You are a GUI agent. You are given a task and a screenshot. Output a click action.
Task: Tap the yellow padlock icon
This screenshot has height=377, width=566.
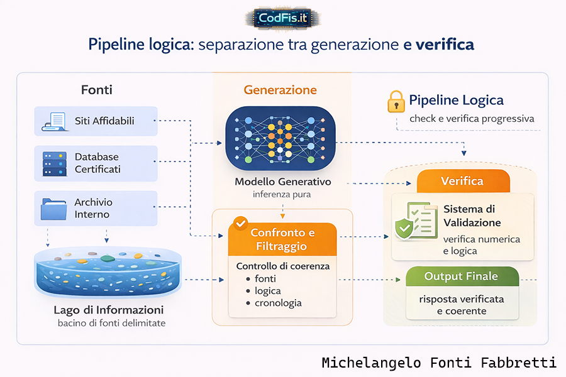pos(396,102)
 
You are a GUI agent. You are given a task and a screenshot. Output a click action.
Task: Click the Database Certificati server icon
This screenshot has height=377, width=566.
pos(53,163)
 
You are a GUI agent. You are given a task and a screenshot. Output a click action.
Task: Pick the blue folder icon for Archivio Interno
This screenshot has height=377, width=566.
pos(53,208)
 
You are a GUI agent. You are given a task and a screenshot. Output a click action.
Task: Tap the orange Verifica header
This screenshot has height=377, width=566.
pos(462,182)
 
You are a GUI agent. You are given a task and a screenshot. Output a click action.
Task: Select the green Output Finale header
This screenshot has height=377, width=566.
pos(462,276)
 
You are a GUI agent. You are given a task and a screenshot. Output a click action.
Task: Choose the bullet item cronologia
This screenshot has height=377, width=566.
pos(278,303)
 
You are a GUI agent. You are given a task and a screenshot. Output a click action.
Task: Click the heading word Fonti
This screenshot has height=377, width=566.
pos(97,90)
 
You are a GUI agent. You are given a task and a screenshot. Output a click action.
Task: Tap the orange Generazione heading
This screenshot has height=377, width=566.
pos(280,90)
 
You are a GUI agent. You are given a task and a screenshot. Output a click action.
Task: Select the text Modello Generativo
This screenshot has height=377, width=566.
pos(282,182)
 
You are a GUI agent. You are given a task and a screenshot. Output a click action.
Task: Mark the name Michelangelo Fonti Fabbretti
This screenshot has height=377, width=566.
pos(438,363)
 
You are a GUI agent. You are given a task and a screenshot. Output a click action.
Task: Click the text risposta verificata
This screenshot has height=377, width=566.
pos(462,299)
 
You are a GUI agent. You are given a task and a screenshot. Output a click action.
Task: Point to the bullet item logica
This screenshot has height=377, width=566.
pos(268,291)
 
